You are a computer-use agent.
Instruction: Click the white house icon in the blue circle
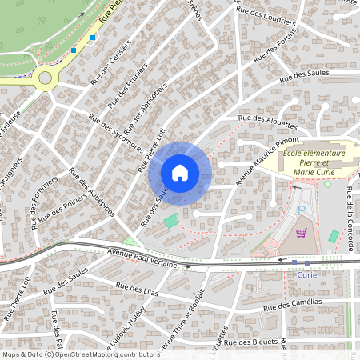point(180,172)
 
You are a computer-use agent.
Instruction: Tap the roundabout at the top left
point(45,78)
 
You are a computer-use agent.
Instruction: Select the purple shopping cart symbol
point(301,234)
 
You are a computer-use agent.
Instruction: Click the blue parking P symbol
point(302,210)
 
